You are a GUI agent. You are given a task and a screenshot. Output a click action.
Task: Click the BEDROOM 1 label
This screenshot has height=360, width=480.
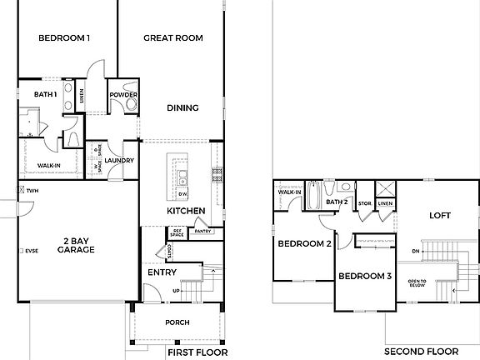(65, 38)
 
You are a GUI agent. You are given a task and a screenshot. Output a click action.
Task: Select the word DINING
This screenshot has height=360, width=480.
(182, 107)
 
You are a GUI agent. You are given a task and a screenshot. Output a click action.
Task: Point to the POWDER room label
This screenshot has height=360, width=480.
(123, 94)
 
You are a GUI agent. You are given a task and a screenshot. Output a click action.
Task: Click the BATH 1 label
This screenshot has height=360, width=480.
(45, 94)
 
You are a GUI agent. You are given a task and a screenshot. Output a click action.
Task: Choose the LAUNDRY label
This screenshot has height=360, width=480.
(119, 160)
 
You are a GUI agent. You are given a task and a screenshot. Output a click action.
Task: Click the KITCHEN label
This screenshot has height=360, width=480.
(186, 211)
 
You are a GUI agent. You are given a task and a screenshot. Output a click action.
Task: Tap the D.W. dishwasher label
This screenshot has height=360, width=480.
(182, 193)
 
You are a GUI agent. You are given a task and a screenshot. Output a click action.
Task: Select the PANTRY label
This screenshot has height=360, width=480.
(202, 231)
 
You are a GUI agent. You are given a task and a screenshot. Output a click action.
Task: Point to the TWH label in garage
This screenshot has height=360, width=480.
(32, 191)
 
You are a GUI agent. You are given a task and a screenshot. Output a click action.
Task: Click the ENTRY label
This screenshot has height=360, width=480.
(162, 272)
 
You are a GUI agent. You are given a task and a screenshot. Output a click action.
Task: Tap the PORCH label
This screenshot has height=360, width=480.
(177, 322)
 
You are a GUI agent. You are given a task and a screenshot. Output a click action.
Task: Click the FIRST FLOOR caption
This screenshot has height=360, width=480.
(198, 352)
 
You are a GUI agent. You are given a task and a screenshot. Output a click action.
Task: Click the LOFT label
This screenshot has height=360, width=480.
(439, 214)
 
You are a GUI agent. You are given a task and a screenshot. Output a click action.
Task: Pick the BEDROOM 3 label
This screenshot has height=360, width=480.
(364, 276)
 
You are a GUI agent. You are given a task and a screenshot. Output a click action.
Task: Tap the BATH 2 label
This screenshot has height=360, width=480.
(336, 202)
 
